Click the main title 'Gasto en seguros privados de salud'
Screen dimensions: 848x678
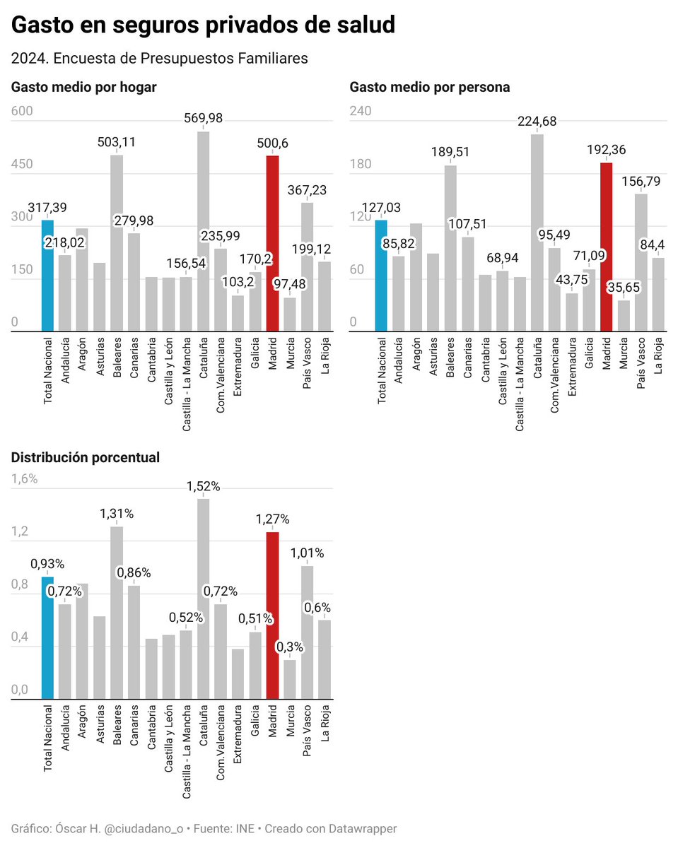click(203, 25)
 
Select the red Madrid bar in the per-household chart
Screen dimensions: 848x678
click(273, 244)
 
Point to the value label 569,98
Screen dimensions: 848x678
click(204, 119)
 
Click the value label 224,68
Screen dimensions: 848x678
click(537, 122)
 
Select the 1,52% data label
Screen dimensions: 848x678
click(204, 486)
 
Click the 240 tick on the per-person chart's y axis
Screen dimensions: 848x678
click(361, 111)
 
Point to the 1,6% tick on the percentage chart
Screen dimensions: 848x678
click(25, 478)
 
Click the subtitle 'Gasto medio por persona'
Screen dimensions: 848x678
click(430, 88)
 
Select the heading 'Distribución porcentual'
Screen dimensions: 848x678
click(86, 457)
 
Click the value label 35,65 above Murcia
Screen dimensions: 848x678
click(624, 288)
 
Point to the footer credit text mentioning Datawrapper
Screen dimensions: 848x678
click(204, 828)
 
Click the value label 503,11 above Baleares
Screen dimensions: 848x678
click(117, 142)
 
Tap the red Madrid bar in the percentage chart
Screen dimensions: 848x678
click(273, 616)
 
